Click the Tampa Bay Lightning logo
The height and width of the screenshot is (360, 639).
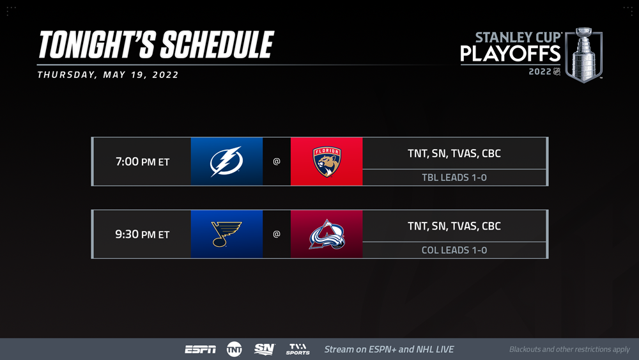pos(227,161)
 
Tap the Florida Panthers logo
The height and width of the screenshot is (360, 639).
pos(327,161)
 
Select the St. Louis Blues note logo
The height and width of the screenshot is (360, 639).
pos(227,234)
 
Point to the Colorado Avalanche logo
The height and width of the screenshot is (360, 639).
pos(327,234)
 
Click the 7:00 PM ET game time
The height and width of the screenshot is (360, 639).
pos(142,161)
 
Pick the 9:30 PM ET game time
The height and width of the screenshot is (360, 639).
pos(142,234)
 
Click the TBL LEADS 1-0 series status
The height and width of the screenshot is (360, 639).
pos(454,177)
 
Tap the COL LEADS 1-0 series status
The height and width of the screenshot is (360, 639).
pos(454,250)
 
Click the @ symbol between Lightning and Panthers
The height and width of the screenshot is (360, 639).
pos(277,161)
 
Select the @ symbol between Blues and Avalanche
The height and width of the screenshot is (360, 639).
pos(277,234)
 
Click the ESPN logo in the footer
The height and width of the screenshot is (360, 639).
pos(200,349)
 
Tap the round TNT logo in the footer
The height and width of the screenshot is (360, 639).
pos(235,349)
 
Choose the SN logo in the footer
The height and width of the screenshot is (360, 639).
pos(265,349)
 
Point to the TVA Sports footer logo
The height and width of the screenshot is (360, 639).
pos(298,349)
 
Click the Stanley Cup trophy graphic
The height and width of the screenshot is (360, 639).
pos(584,55)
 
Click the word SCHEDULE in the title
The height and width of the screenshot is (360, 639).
pos(217,44)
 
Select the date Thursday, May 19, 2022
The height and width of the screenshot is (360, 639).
pos(108,75)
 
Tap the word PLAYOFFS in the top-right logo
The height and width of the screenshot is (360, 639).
pos(511,54)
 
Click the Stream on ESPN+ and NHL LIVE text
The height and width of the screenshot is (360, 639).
pos(389,349)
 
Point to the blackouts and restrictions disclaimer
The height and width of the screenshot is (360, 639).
pos(569,349)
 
